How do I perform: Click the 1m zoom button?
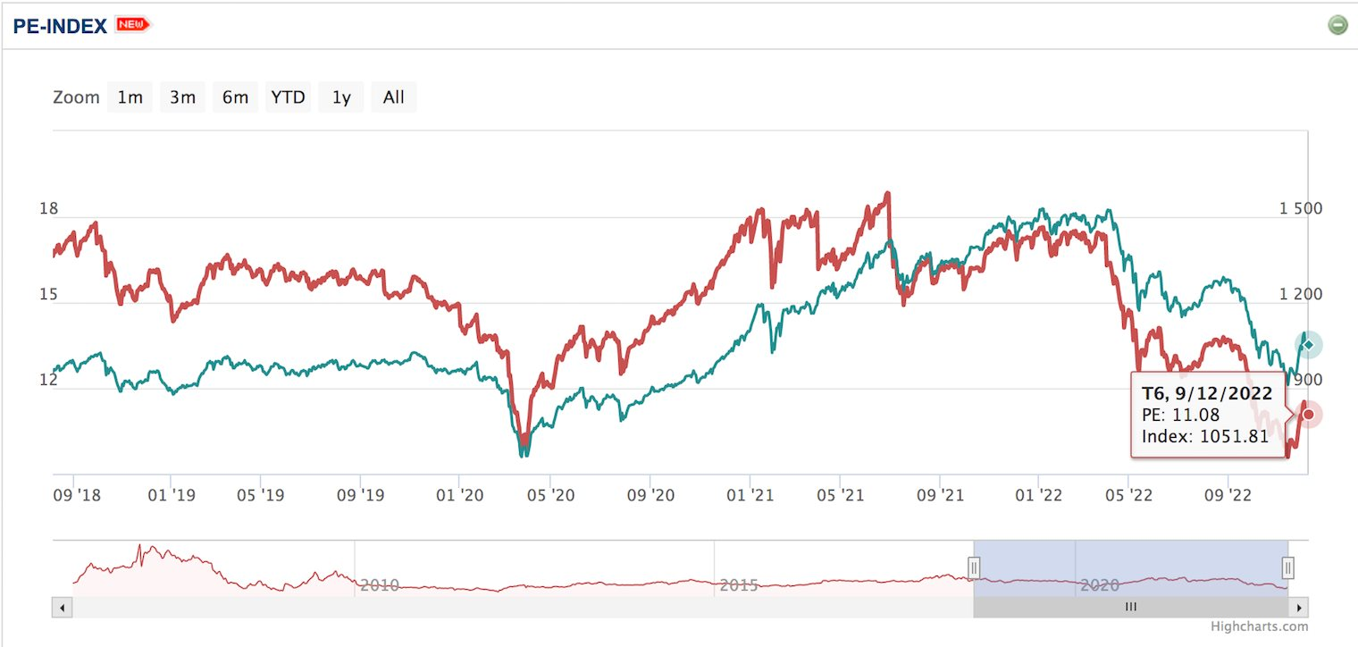(x=130, y=97)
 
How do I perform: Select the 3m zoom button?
(x=182, y=97)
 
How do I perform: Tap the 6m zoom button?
(x=235, y=97)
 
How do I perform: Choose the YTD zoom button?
(x=288, y=97)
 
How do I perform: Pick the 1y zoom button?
(x=341, y=97)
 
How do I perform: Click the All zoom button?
(x=393, y=97)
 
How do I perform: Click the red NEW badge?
(x=133, y=25)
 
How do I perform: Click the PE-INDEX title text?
(x=60, y=25)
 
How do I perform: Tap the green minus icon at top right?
(x=1337, y=25)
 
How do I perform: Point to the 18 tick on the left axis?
(x=48, y=209)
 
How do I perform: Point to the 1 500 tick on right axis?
(x=1300, y=209)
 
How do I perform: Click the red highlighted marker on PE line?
(x=1308, y=415)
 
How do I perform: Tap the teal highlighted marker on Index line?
(x=1308, y=345)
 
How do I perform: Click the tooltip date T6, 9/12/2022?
(x=1207, y=393)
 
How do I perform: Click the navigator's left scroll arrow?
(x=63, y=608)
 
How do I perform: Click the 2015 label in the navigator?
(x=739, y=585)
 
